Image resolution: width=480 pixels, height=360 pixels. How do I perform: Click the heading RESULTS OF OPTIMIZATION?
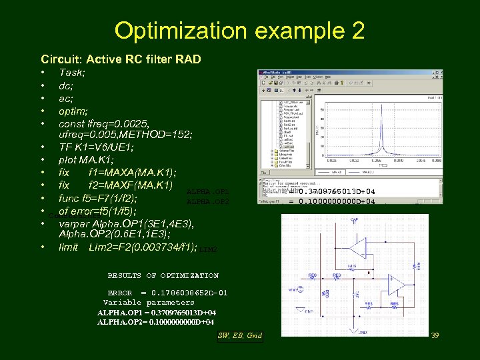coord(163,275)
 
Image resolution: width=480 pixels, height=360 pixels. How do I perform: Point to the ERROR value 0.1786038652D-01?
coord(190,293)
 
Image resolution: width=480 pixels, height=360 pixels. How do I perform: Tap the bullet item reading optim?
coord(73,111)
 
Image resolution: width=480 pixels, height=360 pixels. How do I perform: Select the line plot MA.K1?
coord(86,160)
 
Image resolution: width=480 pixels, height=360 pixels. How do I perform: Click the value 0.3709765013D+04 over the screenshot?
coord(341,191)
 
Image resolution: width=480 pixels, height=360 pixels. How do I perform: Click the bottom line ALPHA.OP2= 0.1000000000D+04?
coord(155,322)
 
